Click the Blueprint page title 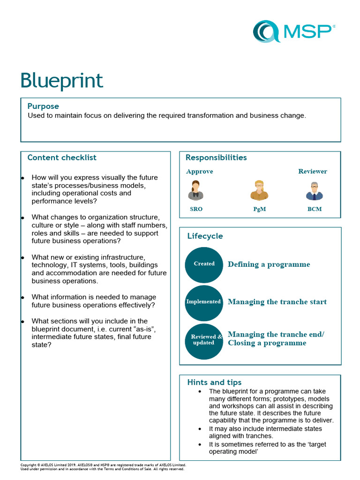pos(61,81)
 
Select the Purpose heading pos(43,106)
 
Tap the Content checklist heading pos(62,157)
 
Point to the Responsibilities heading pos(216,157)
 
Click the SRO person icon pos(196,190)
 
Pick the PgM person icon pos(259,190)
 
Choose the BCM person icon pos(315,191)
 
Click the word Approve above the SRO pos(200,172)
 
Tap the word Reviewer pos(313,172)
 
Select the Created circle pos(204,264)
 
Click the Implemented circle pos(204,302)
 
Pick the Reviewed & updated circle pos(204,340)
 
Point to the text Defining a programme pos(269,264)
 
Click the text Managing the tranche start pos(277,302)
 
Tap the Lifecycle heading pos(205,236)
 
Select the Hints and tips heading pos(214,382)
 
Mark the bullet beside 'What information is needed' pos(22,298)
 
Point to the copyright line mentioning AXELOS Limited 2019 pos(103,465)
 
